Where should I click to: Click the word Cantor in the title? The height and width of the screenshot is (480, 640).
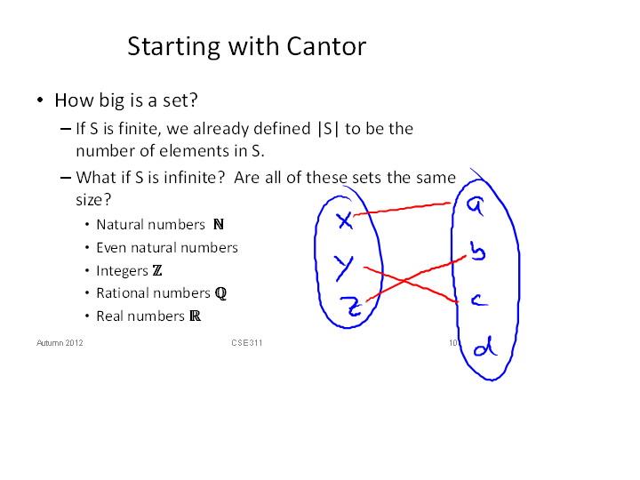click(x=326, y=46)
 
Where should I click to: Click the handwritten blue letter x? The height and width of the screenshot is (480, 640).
click(x=345, y=220)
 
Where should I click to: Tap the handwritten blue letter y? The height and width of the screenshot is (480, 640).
click(x=344, y=268)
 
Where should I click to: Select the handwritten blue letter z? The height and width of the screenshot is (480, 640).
click(x=351, y=306)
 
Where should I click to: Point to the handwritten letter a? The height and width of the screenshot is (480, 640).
click(x=476, y=205)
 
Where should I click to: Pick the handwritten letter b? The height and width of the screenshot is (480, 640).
click(x=477, y=251)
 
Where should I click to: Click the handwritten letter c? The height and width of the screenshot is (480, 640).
click(x=479, y=300)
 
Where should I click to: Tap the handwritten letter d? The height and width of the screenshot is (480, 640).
click(x=485, y=347)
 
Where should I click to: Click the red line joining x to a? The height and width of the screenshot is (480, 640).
click(x=402, y=208)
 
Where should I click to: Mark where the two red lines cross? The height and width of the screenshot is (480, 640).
click(x=404, y=280)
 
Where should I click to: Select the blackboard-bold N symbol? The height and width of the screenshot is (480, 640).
click(x=219, y=224)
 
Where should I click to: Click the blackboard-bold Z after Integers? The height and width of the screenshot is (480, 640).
click(x=157, y=270)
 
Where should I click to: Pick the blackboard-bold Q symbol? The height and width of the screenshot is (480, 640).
click(x=220, y=293)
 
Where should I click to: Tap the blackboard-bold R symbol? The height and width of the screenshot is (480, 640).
click(x=195, y=316)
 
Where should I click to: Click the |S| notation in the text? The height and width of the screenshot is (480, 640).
click(x=328, y=129)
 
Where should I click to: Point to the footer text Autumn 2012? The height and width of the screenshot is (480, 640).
click(x=60, y=343)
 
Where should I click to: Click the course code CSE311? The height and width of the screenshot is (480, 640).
click(x=246, y=343)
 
